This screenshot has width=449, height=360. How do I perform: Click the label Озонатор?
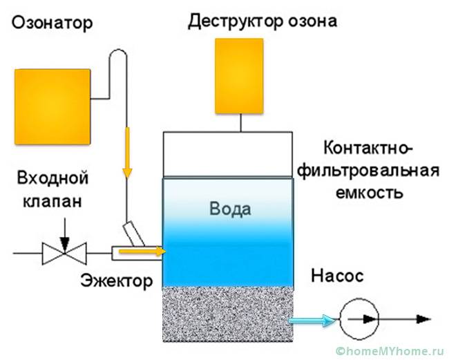52,23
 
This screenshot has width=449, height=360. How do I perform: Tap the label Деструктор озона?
262,21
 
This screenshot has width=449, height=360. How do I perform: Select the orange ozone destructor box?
239,75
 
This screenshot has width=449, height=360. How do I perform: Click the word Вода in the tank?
231,209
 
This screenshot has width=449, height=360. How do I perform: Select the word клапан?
54,202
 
